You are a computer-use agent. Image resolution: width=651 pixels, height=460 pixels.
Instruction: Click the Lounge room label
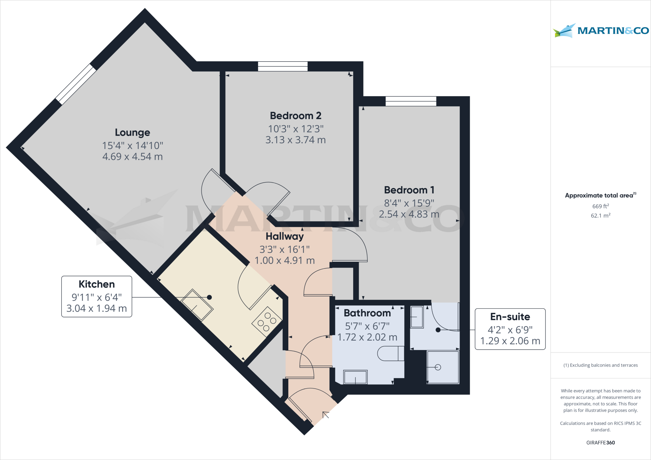(x=132, y=132)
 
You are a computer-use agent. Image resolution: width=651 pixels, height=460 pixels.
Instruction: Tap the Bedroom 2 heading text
(x=296, y=116)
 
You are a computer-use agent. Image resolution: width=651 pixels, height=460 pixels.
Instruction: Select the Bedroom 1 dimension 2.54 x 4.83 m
(x=409, y=214)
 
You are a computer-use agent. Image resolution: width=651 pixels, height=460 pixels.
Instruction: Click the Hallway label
(x=284, y=236)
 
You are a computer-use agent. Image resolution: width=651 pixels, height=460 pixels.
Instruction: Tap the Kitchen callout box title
(x=97, y=284)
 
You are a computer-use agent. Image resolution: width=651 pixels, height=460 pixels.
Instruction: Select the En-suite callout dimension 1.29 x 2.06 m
(x=510, y=341)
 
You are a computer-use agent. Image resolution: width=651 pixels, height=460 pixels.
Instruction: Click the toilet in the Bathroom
(x=390, y=354)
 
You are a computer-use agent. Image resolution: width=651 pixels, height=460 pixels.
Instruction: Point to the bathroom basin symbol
(x=355, y=377)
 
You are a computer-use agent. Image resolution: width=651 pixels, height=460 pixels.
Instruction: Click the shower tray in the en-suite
(x=443, y=367)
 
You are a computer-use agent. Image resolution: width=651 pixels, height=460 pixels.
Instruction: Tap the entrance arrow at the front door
(x=325, y=415)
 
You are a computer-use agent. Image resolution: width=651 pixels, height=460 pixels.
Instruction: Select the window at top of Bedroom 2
(x=283, y=66)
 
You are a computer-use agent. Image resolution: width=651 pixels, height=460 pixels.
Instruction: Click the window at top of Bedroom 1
(x=411, y=101)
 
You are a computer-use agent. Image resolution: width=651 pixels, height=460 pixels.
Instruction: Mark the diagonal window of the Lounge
(x=76, y=84)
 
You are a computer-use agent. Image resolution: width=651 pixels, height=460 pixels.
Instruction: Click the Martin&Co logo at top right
(x=600, y=31)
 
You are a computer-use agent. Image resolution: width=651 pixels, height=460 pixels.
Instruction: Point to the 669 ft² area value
(x=600, y=206)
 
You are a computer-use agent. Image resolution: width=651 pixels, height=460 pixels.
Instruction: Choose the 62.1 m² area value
(x=600, y=216)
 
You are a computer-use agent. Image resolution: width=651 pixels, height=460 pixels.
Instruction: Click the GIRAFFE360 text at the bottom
(x=600, y=443)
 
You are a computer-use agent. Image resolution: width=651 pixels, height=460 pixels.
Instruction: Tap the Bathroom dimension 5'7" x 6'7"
(x=367, y=326)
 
